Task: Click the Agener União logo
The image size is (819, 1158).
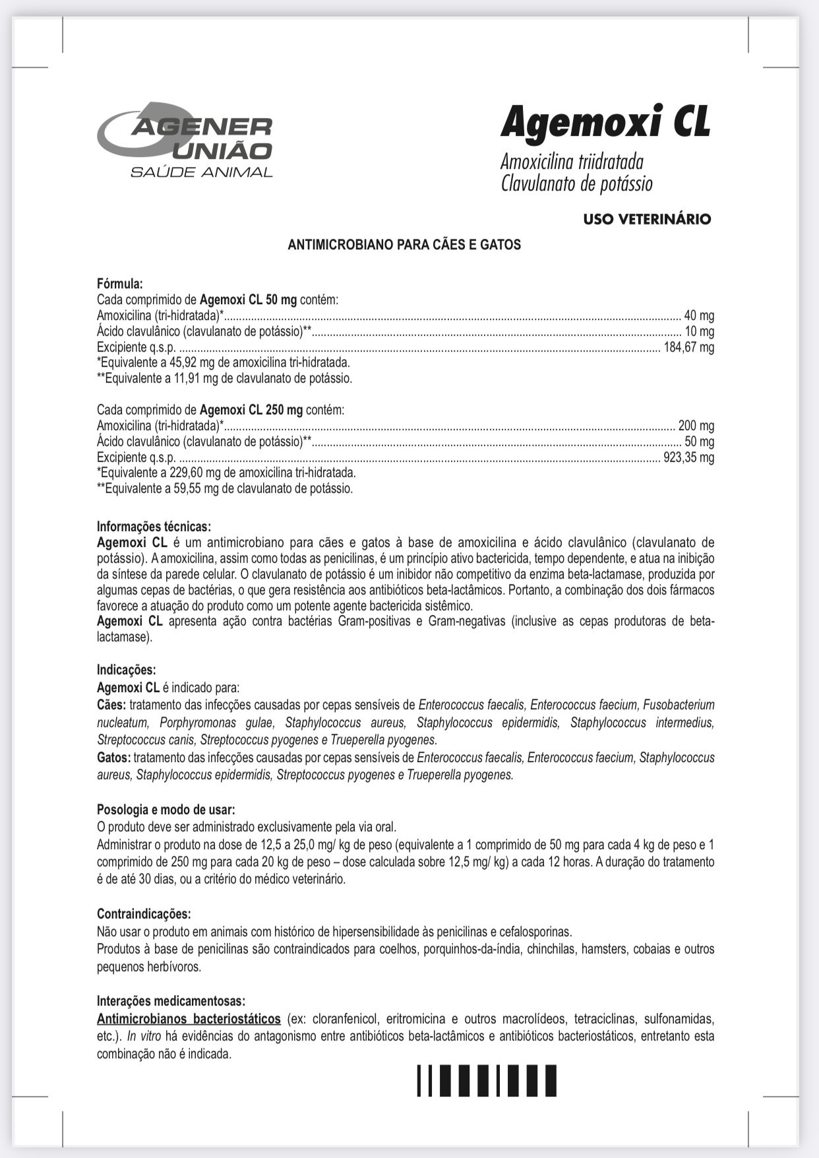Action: pos(185,139)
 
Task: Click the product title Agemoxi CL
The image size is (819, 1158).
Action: pos(605,123)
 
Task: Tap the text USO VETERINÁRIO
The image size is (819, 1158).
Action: pos(647,219)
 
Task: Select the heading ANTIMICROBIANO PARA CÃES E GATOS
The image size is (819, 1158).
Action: pos(404,245)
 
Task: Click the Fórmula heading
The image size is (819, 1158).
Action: pos(120,284)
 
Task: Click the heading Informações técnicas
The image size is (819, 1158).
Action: pos(154,527)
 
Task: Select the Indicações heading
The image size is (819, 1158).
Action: pos(127,670)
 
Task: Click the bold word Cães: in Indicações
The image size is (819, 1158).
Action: pos(111,705)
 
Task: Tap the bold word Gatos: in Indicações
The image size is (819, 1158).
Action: pos(113,758)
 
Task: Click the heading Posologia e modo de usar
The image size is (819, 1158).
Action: pos(166,810)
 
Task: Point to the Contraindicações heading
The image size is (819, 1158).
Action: pos(144,915)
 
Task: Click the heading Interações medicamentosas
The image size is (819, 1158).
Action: pos(171,1001)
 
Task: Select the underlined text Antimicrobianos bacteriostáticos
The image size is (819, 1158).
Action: pos(189,1019)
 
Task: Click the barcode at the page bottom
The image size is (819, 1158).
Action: pos(487,1081)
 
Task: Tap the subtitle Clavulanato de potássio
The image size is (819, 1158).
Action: pos(576,183)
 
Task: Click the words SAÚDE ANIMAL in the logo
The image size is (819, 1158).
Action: pos(202,173)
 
